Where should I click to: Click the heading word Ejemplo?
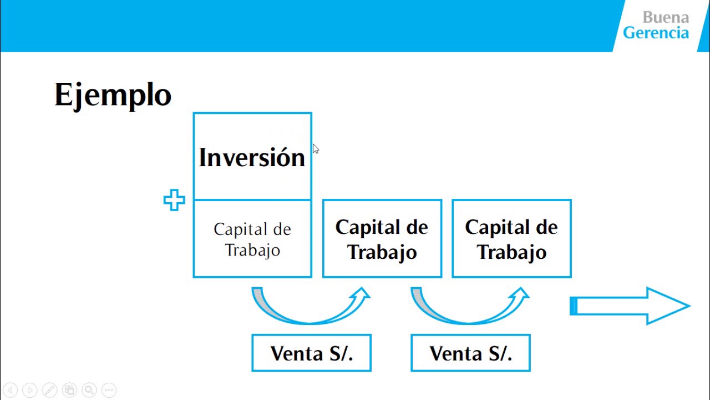pyautogui.click(x=113, y=95)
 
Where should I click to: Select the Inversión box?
pyautogui.click(x=252, y=157)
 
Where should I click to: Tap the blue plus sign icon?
pyautogui.click(x=174, y=201)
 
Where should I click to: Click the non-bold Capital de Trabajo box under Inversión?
pyautogui.click(x=252, y=239)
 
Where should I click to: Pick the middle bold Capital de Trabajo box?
pyautogui.click(x=382, y=239)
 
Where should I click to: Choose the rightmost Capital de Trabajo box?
pyautogui.click(x=511, y=239)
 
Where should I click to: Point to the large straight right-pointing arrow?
pyautogui.click(x=630, y=306)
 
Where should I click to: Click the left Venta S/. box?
pyautogui.click(x=311, y=353)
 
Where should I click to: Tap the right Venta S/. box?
pyautogui.click(x=470, y=353)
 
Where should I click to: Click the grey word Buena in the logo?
pyautogui.click(x=666, y=17)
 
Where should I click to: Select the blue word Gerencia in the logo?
pyautogui.click(x=656, y=33)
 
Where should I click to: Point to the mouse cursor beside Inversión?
pyautogui.click(x=316, y=149)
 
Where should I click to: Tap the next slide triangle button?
pyautogui.click(x=30, y=390)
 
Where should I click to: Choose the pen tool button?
pyautogui.click(x=49, y=390)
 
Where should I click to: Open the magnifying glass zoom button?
pyautogui.click(x=89, y=390)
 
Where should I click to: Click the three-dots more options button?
pyautogui.click(x=109, y=390)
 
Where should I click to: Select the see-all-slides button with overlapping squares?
pyautogui.click(x=69, y=390)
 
